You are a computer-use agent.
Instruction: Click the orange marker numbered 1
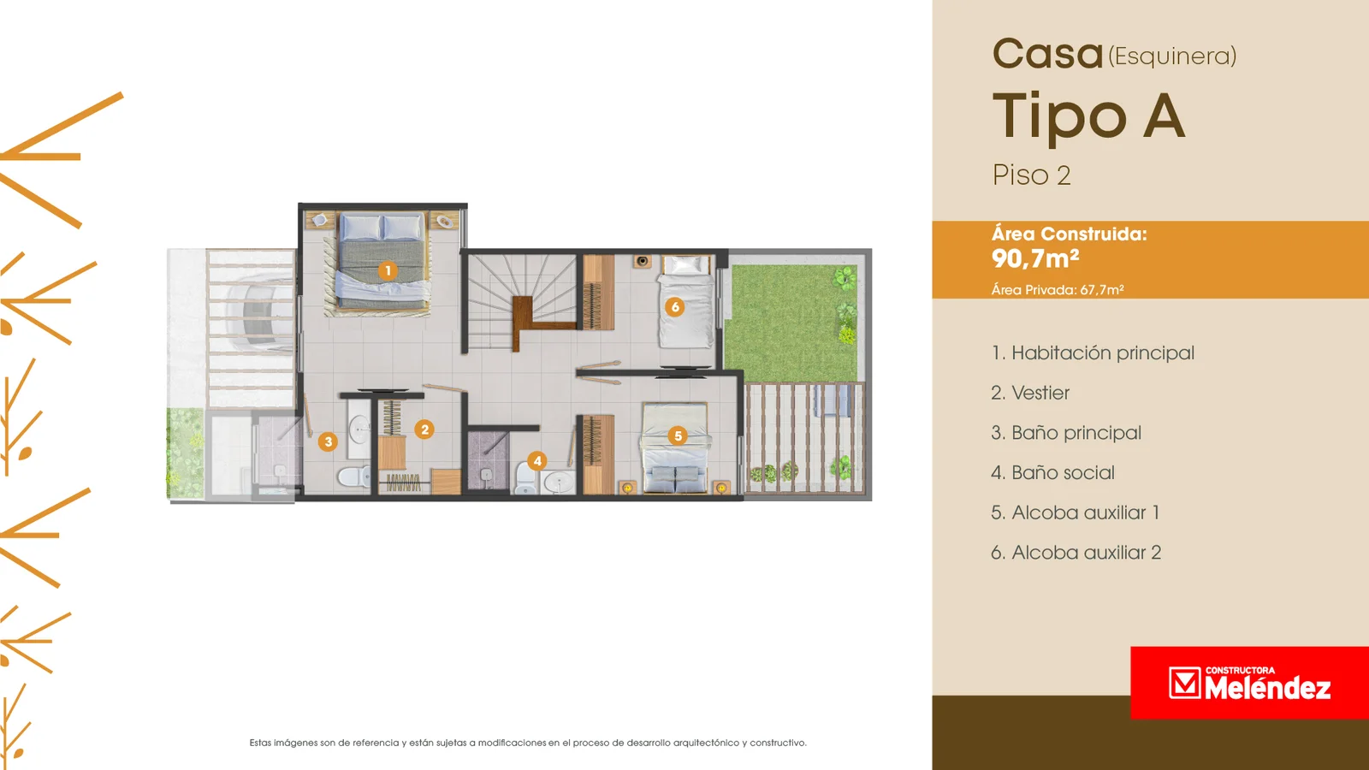point(388,270)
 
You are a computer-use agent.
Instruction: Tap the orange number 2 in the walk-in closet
point(424,429)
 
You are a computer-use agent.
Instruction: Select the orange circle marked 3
point(329,441)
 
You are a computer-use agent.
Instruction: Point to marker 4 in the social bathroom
point(537,461)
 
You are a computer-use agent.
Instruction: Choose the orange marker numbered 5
point(677,435)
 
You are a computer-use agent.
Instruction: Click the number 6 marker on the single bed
point(675,307)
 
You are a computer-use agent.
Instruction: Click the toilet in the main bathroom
point(353,476)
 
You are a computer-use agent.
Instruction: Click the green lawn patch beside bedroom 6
point(792,323)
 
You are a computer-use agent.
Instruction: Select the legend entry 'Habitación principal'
point(1093,352)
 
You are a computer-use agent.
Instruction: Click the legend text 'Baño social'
point(1052,472)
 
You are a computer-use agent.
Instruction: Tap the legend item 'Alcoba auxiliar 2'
point(1076,553)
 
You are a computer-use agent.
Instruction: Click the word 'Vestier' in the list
point(1040,393)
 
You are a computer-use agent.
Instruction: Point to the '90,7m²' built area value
point(1035,258)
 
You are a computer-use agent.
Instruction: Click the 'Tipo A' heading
point(1089,117)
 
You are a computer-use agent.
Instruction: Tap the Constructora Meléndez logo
point(1249,683)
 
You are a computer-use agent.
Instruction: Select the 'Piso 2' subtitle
point(1032,175)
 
